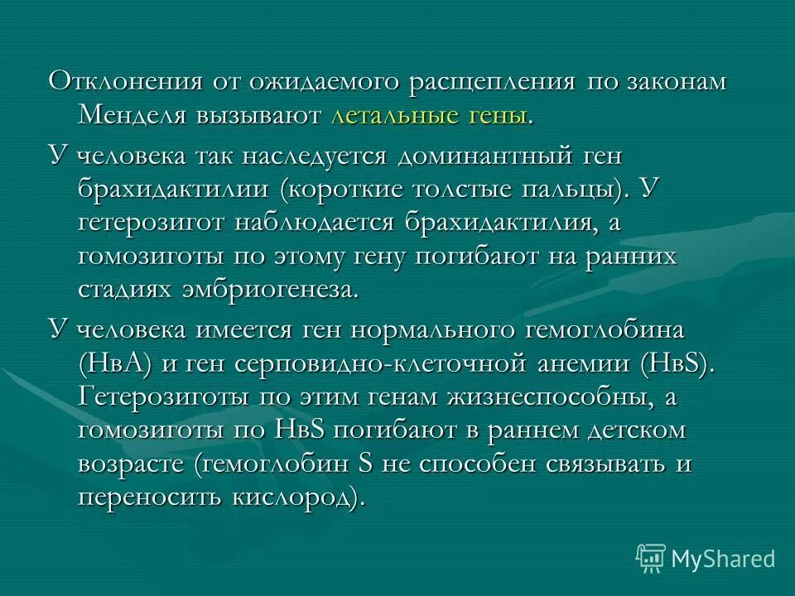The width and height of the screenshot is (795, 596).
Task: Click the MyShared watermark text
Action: (x=723, y=558)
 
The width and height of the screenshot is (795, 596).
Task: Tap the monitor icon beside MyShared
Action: (x=651, y=559)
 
